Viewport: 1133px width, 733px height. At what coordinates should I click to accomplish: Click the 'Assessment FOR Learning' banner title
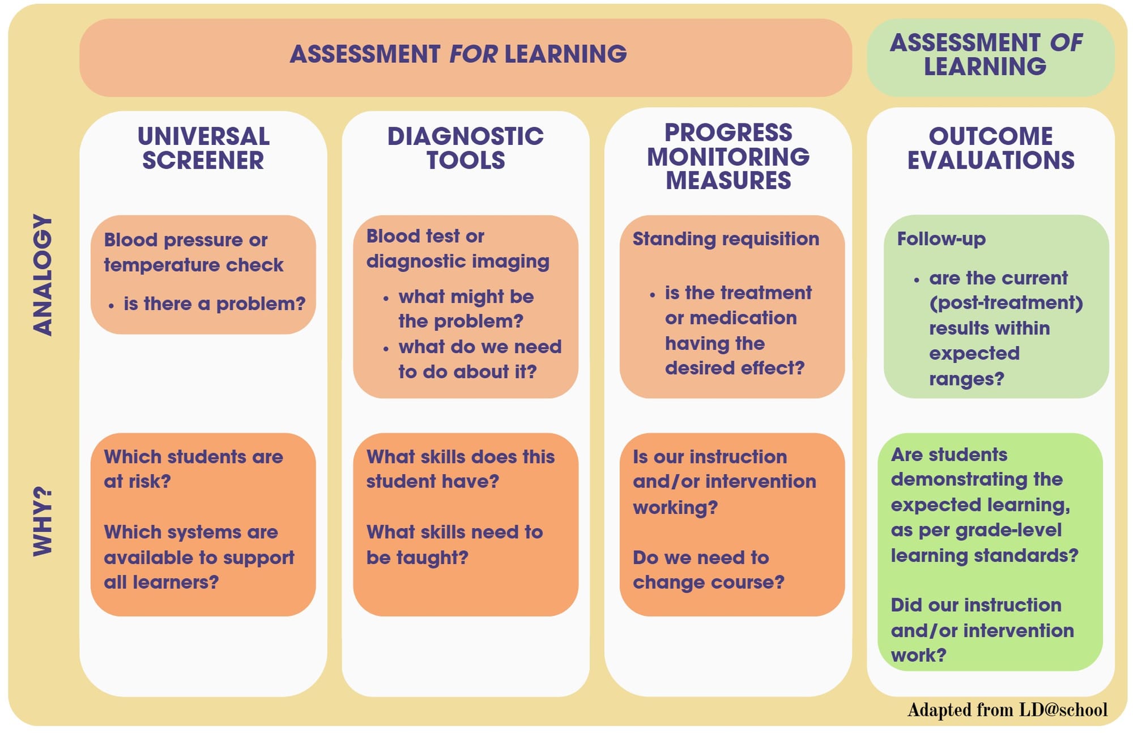[x=458, y=54]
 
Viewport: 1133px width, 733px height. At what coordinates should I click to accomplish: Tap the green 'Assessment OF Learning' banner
[x=990, y=57]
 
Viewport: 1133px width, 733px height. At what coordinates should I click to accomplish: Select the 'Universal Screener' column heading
[x=203, y=148]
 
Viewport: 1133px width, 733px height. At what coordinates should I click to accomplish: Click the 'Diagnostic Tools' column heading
[x=466, y=148]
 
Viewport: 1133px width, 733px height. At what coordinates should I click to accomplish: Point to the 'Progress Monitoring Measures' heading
[x=729, y=157]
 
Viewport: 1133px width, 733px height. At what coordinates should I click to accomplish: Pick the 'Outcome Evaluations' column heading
[x=991, y=148]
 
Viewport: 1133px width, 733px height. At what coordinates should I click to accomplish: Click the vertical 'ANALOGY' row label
[x=43, y=275]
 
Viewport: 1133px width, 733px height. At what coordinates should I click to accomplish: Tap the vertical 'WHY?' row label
[x=43, y=521]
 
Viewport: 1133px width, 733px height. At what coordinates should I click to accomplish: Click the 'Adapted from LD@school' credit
[x=1007, y=710]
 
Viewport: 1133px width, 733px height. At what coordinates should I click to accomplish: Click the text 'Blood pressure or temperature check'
[x=193, y=252]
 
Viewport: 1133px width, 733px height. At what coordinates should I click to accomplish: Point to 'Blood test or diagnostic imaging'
[x=458, y=248]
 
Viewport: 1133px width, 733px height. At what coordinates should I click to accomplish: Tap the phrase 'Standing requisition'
[x=726, y=239]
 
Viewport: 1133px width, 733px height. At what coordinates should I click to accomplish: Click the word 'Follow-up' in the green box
[x=941, y=239]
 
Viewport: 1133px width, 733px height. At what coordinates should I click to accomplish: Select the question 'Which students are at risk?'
[x=193, y=469]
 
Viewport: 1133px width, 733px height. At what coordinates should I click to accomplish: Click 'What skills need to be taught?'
[x=454, y=545]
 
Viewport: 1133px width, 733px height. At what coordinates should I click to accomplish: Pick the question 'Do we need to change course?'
[x=709, y=569]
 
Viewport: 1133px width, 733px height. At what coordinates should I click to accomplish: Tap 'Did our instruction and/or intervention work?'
[x=982, y=630]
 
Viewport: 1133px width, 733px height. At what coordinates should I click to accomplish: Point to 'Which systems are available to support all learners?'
[x=199, y=557]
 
